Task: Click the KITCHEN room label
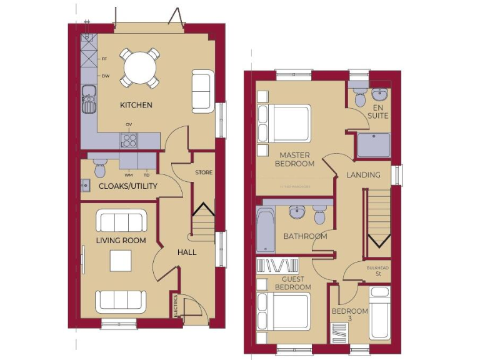136,105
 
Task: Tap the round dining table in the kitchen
140,67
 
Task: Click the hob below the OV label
129,140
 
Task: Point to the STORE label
204,172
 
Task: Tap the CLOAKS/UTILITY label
128,186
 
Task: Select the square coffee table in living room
121,260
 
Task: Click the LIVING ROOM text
121,241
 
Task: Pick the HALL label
187,252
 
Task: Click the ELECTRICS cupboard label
176,306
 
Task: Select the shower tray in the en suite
373,144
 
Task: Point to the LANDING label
363,175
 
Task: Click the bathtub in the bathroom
264,229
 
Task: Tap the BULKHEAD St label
377,271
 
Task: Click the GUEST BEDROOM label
292,283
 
